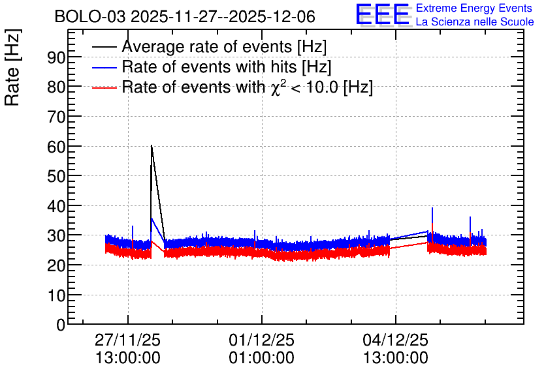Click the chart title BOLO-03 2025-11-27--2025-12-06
coord(185,16)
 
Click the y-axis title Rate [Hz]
coord(12,67)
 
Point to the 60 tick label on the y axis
coord(56,146)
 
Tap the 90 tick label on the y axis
coord(56,57)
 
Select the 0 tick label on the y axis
coord(61,325)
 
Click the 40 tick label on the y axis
coord(56,206)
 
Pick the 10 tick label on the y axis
coord(56,295)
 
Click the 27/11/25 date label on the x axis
coord(127,340)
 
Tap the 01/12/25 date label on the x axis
coord(261,340)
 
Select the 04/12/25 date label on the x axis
coord(396,340)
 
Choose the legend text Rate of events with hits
coord(209,67)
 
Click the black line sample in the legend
coord(104,47)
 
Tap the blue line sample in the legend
coord(104,67)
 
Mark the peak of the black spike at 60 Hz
coord(152,145)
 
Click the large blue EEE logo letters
coord(383,14)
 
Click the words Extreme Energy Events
coord(474,8)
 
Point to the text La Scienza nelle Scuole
coord(475,22)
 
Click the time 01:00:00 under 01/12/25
coord(261,358)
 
